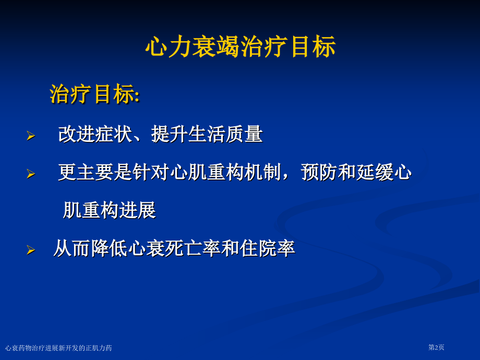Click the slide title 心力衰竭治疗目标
point(241,47)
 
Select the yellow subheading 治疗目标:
point(95,94)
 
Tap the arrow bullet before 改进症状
point(31,136)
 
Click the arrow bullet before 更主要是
point(31,174)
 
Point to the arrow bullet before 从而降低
point(31,250)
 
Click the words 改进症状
point(95,134)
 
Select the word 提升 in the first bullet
point(170,134)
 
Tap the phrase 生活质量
point(225,134)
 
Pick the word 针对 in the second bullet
point(151,172)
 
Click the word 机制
point(263,172)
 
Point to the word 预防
point(319,172)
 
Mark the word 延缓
point(375,172)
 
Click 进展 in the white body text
point(137,210)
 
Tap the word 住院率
point(267,248)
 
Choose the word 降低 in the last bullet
point(109,248)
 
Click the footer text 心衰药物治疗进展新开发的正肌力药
point(58,348)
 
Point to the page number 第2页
point(436,347)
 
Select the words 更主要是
point(95,172)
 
